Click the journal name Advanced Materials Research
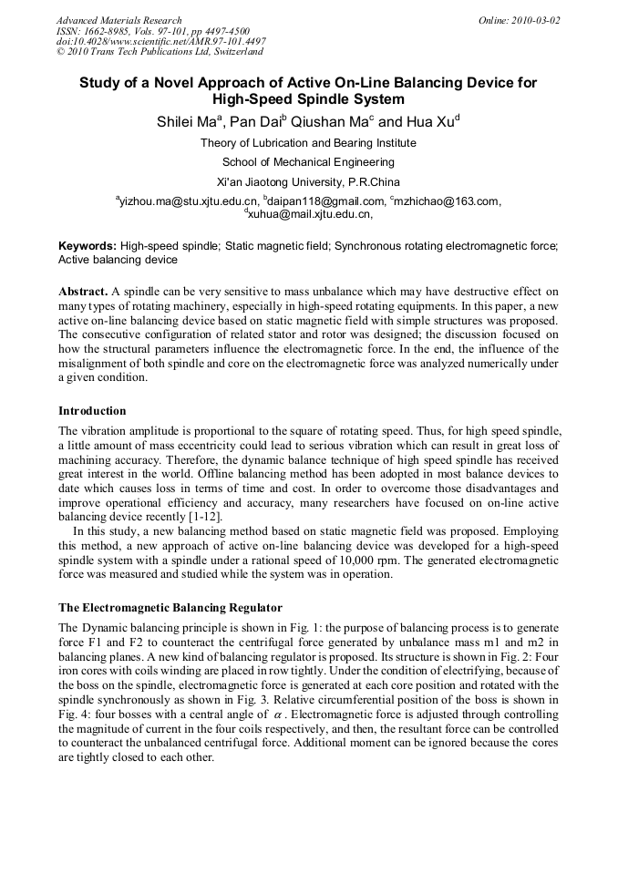[118, 20]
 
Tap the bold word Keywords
[88, 246]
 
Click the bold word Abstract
[83, 291]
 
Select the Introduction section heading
[92, 411]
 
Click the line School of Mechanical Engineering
[308, 162]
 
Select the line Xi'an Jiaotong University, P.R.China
[308, 181]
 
